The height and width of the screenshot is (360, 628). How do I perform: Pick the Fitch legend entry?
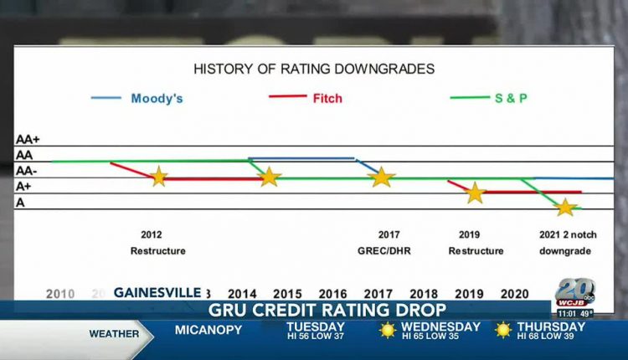point(327,98)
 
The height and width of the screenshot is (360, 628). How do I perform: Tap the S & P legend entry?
point(512,98)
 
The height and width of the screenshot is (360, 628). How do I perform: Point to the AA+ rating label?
point(28,141)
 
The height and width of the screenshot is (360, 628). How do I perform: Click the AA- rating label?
point(27,171)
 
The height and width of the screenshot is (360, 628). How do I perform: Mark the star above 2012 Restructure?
point(158,177)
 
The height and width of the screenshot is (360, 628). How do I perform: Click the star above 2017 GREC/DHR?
point(382,177)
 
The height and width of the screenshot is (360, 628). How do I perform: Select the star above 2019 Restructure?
point(475,193)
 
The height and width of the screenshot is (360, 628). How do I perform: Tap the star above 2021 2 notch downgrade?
point(566,207)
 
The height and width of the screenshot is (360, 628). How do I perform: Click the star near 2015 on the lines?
point(269,177)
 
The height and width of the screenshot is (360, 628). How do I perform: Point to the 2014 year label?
point(242,294)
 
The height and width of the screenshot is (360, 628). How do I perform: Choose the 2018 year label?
point(424,294)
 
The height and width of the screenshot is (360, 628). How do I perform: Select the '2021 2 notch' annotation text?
point(565,235)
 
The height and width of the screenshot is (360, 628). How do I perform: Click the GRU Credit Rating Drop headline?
point(314,311)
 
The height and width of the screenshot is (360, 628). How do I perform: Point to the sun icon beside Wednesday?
point(387,330)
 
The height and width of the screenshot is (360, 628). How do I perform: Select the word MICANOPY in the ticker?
point(208,330)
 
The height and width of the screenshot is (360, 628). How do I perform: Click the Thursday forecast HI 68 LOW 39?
point(551,336)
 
